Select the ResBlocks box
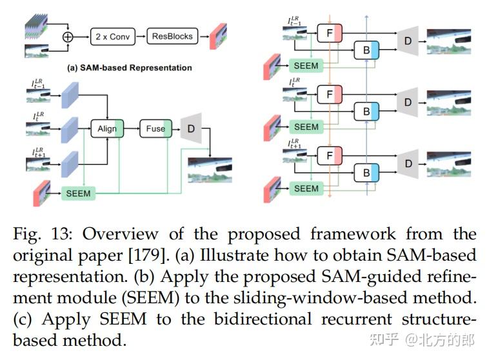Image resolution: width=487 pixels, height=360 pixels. point(172,36)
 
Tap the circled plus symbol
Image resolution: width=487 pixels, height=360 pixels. point(67,37)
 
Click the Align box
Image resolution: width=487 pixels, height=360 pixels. point(107,129)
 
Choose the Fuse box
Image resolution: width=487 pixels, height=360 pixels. point(155,129)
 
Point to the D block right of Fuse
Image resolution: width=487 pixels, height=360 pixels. point(191,128)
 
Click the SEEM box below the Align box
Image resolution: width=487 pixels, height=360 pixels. point(78,193)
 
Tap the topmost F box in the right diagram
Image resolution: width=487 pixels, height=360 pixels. point(330,32)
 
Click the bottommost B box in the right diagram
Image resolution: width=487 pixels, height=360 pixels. point(366,173)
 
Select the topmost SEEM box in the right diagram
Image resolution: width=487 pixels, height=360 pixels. point(306,66)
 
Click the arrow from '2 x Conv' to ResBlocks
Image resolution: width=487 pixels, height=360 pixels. point(141,36)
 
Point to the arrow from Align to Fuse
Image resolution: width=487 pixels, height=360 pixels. point(131,129)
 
